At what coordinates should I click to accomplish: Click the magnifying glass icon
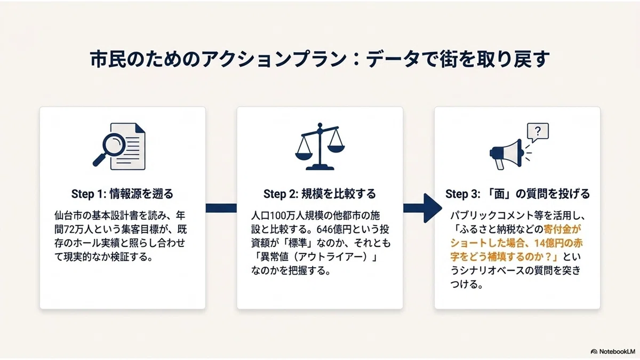tap(109, 149)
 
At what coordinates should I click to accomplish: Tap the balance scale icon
tap(320, 147)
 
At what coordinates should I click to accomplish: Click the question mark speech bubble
tap(538, 132)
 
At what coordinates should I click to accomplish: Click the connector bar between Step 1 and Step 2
tap(221, 208)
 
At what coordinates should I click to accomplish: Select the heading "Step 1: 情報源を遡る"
tap(122, 194)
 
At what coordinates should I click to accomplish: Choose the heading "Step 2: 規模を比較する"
tap(319, 194)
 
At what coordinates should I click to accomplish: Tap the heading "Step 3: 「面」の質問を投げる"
tap(517, 194)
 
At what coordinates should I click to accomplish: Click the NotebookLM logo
tap(613, 351)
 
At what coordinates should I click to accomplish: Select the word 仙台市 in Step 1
tap(68, 215)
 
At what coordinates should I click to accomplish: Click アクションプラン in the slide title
tap(274, 59)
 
